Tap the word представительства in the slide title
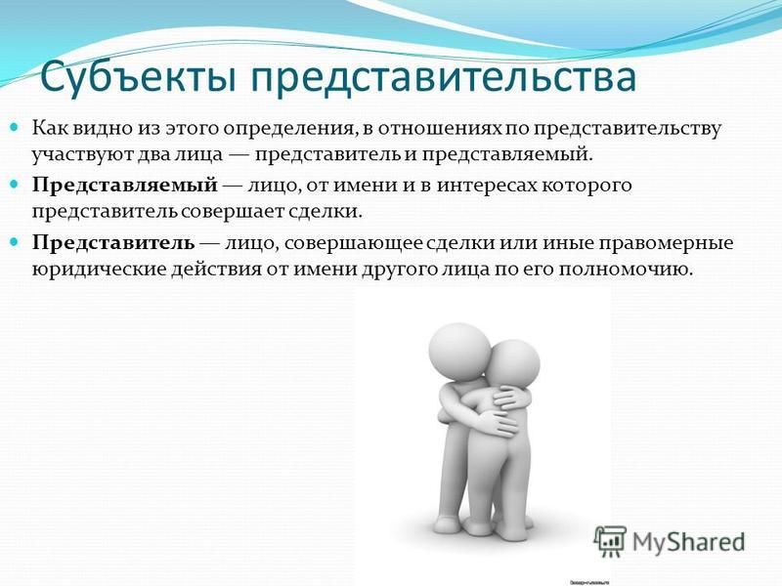point(444,78)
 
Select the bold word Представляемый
point(125,186)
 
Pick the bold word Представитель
point(113,243)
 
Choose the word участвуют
point(78,154)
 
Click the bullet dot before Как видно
point(14,127)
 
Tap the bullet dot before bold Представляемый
point(14,184)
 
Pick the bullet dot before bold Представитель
point(14,241)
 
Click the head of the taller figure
point(459,352)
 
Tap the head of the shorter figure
point(512,365)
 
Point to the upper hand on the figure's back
point(503,398)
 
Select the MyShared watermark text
point(689,542)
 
